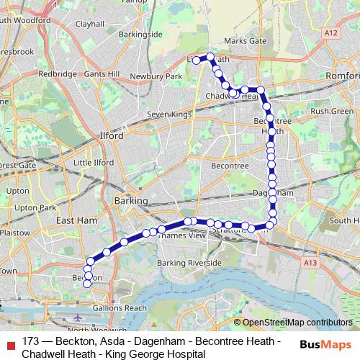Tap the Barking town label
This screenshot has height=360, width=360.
[x=130, y=201]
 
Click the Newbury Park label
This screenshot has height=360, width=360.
[x=166, y=76]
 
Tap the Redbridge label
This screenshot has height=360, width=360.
[x=57, y=73]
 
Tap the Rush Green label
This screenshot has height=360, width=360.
[x=332, y=111]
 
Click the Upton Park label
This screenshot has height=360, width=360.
[x=37, y=207]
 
